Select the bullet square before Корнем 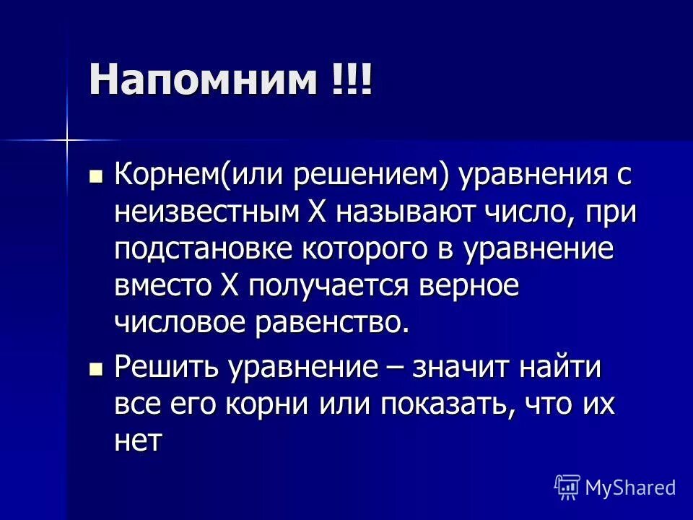95,175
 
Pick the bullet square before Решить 95,369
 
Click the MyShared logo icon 567,487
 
